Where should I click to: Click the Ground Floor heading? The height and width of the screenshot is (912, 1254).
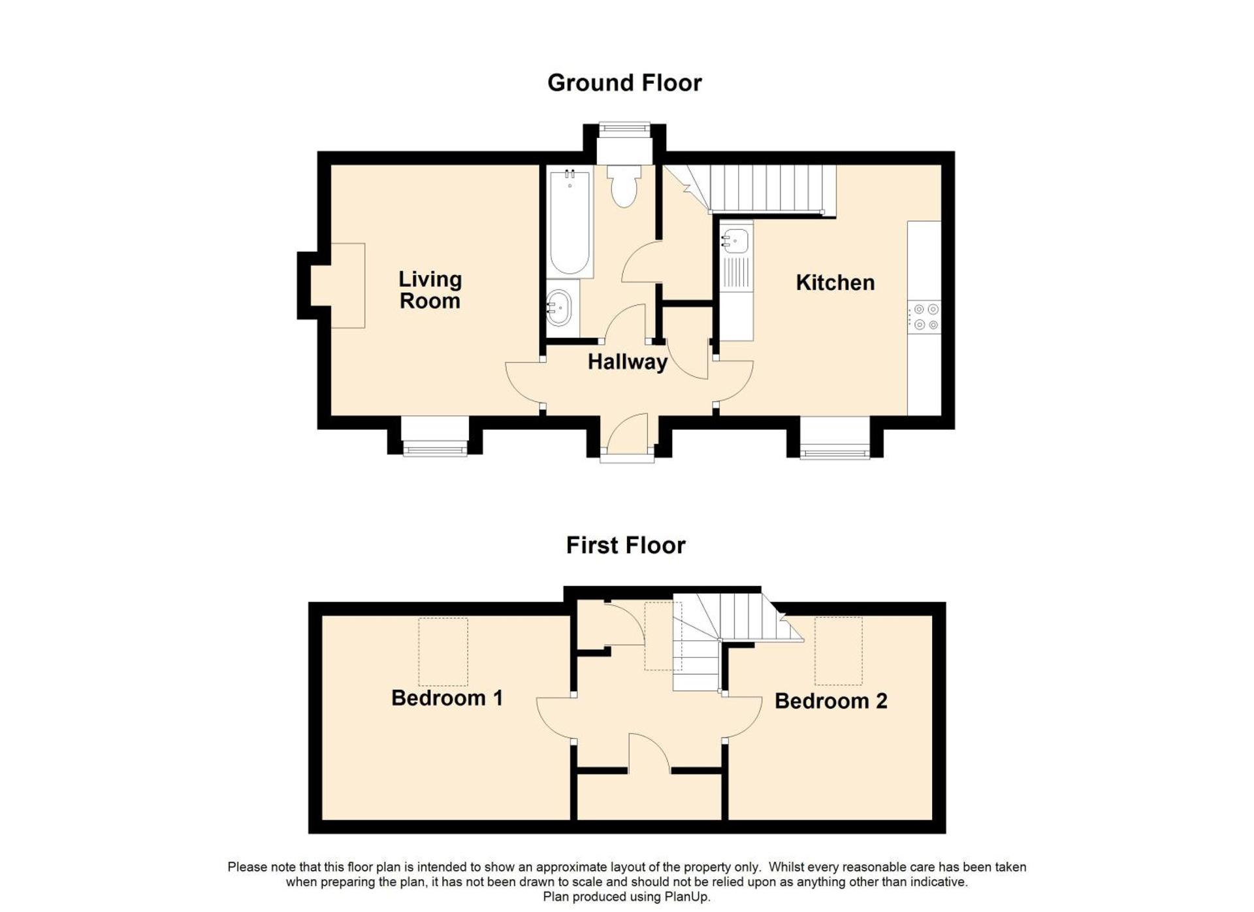tap(624, 83)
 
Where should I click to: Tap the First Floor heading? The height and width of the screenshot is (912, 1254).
tap(626, 546)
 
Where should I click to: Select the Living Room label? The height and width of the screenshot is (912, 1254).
tap(430, 290)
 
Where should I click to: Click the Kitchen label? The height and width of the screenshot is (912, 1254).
tap(835, 283)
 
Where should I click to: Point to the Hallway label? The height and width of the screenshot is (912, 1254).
tap(628, 362)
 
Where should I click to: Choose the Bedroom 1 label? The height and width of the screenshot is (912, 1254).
tap(447, 698)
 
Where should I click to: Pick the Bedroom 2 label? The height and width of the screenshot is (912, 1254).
tap(831, 702)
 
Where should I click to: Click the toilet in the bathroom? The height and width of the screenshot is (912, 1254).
tap(624, 186)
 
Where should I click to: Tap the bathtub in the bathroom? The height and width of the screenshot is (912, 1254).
tap(570, 222)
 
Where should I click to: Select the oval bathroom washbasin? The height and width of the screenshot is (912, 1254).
tap(559, 308)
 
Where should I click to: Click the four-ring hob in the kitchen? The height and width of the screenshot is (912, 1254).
tap(925, 317)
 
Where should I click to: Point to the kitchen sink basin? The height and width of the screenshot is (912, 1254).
tap(736, 240)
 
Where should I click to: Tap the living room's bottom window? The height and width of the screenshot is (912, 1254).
tap(434, 448)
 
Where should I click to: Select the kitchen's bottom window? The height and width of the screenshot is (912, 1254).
tap(835, 450)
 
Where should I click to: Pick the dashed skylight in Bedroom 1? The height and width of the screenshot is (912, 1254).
tap(443, 652)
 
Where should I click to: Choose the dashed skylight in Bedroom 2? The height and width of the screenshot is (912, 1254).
tap(839, 651)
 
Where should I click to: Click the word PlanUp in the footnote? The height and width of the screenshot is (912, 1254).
tap(688, 897)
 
